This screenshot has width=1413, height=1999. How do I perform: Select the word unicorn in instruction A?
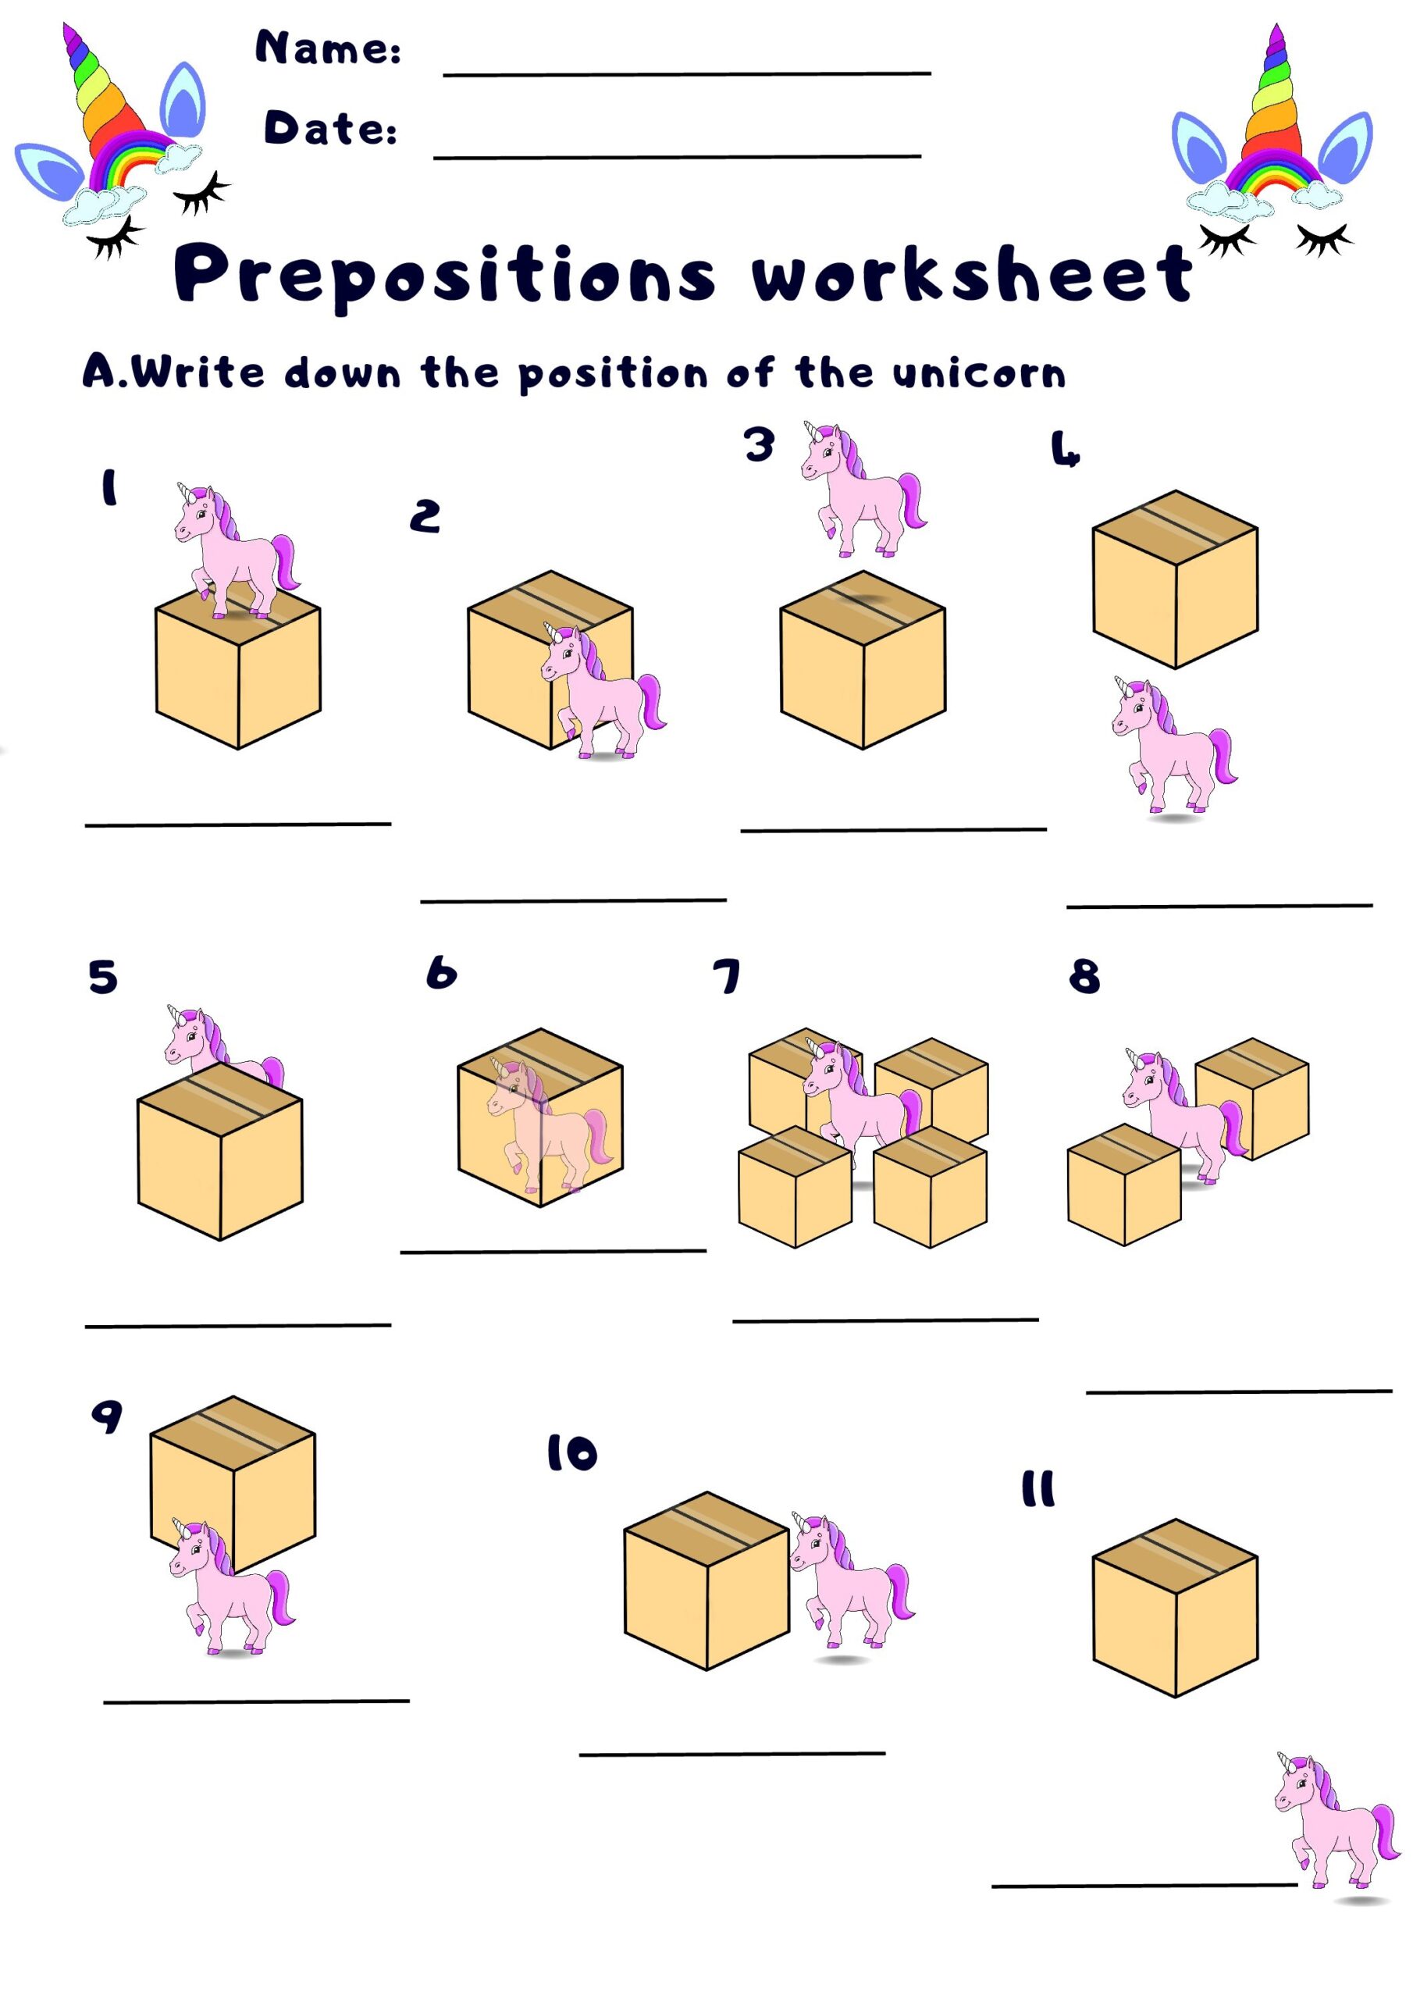coord(979,373)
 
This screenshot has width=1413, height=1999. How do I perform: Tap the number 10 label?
coord(572,1453)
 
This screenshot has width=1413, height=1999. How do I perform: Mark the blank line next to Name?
coord(686,74)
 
